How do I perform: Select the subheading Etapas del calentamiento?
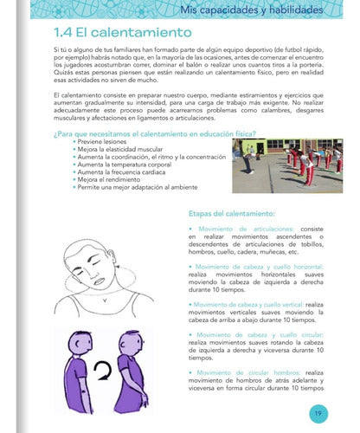click(231, 212)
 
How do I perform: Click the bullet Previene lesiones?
click(105, 141)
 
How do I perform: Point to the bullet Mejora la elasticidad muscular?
click(122, 149)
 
